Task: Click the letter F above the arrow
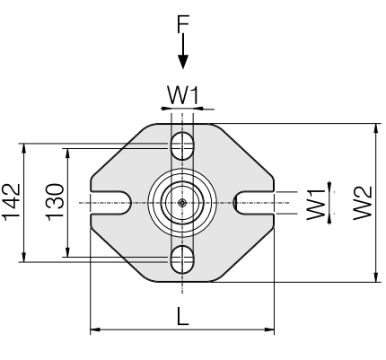[183, 24]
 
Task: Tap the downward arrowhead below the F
[183, 61]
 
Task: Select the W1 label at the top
[183, 95]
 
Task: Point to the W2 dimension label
[363, 203]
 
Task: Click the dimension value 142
[12, 202]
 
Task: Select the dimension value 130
[56, 202]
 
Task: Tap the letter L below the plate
[183, 316]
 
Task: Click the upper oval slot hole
[182, 145]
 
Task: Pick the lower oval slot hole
[182, 259]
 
